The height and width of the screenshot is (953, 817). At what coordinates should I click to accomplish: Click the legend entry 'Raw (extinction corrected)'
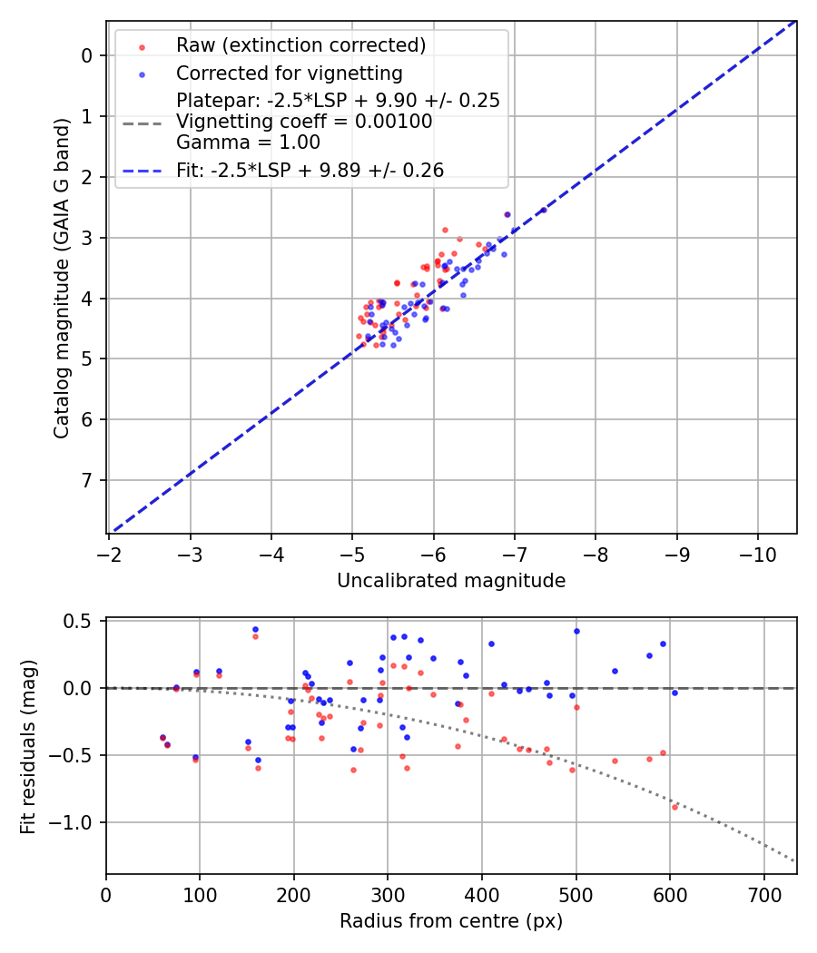pyautogui.click(x=300, y=45)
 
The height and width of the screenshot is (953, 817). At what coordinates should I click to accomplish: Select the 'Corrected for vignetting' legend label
pyautogui.click(x=289, y=73)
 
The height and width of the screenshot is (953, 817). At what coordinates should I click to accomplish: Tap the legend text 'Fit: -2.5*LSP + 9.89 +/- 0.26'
pyautogui.click(x=310, y=170)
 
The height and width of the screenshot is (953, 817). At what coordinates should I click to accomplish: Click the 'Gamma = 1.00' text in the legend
pyautogui.click(x=248, y=142)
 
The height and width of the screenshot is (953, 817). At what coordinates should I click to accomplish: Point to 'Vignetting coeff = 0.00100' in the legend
pyautogui.click(x=304, y=121)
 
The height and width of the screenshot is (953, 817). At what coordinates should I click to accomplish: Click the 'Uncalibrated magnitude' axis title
pyautogui.click(x=451, y=581)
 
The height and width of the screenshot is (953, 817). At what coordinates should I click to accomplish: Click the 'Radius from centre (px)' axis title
pyautogui.click(x=451, y=921)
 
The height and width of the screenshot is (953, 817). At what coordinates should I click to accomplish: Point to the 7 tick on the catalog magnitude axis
pyautogui.click(x=86, y=480)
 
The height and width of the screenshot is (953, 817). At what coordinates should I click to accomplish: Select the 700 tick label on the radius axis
pyautogui.click(x=763, y=895)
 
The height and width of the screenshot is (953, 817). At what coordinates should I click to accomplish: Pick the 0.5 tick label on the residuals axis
pyautogui.click(x=81, y=621)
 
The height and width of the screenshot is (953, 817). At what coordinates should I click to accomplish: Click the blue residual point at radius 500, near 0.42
pyautogui.click(x=576, y=631)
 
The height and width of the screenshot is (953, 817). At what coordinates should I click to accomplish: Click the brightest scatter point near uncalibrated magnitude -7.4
pyautogui.click(x=544, y=211)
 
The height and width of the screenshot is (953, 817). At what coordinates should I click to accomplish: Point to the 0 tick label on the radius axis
pyautogui.click(x=106, y=895)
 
